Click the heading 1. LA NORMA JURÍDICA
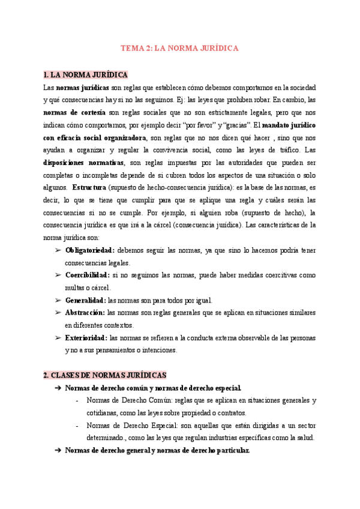click(x=85, y=75)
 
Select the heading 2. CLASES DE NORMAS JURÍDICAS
click(x=105, y=375)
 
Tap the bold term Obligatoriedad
click(x=89, y=250)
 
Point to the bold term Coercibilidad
click(x=87, y=275)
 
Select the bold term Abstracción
click(x=85, y=313)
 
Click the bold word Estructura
click(x=89, y=187)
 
